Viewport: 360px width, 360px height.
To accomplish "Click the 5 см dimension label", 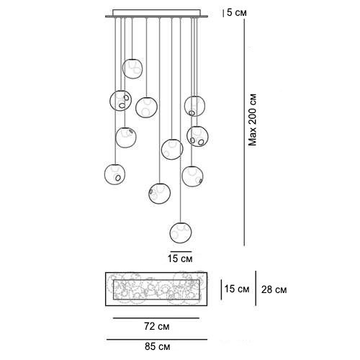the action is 237,13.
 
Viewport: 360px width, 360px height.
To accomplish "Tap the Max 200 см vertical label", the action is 253,120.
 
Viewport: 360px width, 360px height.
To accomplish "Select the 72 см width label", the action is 157,326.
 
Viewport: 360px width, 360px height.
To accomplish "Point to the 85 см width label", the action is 158,346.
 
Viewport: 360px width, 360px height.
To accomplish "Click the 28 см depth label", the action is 274,289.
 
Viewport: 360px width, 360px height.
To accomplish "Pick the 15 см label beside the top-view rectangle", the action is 237,289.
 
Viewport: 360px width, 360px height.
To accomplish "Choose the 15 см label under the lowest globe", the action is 180,258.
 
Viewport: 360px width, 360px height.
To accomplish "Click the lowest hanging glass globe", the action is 181,233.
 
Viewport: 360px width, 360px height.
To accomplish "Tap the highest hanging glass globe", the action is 132,68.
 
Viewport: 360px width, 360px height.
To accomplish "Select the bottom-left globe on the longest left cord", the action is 115,174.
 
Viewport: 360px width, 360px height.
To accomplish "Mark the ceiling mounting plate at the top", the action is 156,14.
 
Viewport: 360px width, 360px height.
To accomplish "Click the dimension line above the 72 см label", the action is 156,318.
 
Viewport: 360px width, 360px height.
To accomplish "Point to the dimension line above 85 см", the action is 157,339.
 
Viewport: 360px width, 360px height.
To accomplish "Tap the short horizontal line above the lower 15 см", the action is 181,251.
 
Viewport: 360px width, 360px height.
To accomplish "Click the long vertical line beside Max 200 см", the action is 244,132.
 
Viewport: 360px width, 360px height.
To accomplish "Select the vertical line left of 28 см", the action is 256,289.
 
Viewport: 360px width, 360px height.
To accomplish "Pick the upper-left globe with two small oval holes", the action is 120,101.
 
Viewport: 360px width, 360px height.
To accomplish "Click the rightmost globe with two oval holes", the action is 197,136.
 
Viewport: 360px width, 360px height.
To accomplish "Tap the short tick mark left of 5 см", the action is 224,13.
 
